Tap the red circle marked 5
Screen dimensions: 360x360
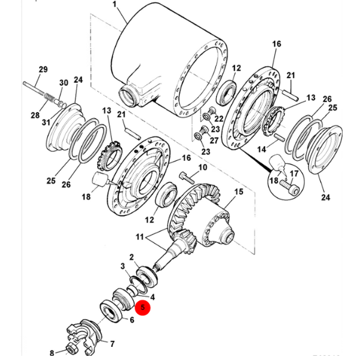pyautogui.click(x=143, y=308)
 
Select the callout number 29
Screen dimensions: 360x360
pyautogui.click(x=43, y=70)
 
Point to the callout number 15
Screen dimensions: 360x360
pyautogui.click(x=238, y=193)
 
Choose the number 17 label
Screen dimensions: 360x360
pyautogui.click(x=295, y=174)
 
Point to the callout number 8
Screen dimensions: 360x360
pyautogui.click(x=52, y=352)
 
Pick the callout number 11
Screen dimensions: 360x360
pyautogui.click(x=141, y=237)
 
